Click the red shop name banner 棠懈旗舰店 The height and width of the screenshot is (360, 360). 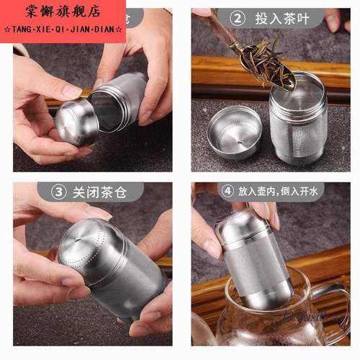pos(63,12)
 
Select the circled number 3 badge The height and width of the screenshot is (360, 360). pos(58,192)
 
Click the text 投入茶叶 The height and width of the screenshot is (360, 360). pos(282,19)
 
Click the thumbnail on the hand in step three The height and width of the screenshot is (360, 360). pos(98,213)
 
